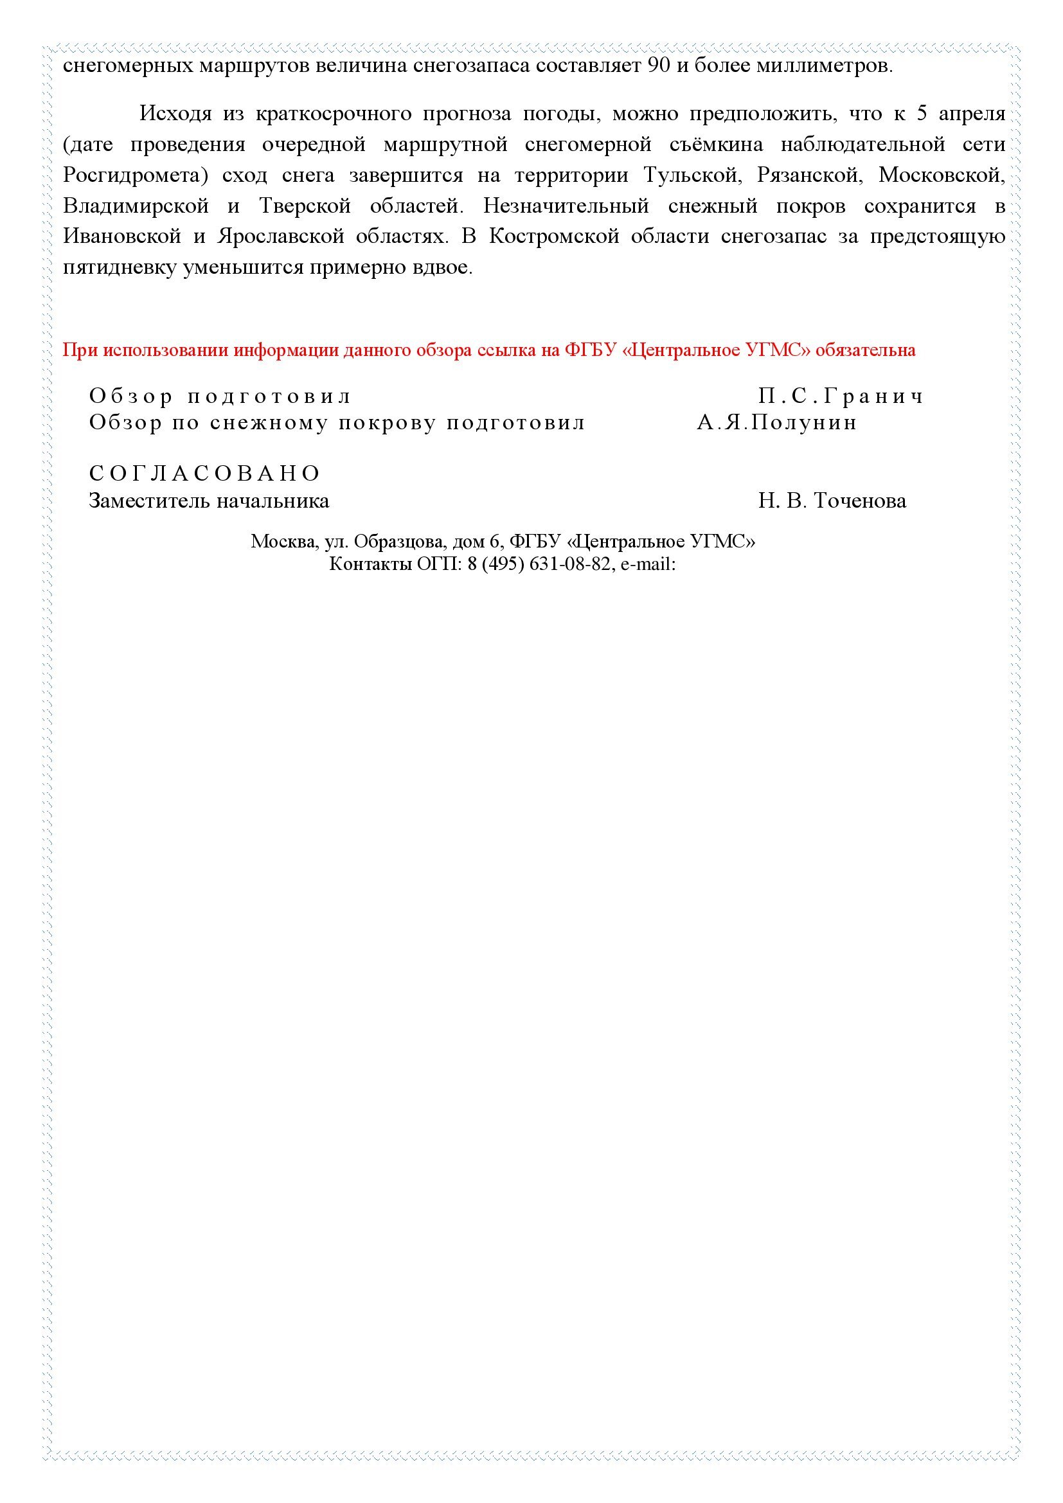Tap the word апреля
[x=971, y=114]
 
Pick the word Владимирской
[x=136, y=206]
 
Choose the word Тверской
[x=305, y=206]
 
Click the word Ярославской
[x=281, y=236]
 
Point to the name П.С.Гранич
[x=841, y=396]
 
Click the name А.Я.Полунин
[x=777, y=423]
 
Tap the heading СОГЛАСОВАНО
[x=205, y=474]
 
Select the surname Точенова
[x=859, y=501]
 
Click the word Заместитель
[x=150, y=501]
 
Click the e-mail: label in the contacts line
[x=647, y=564]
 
